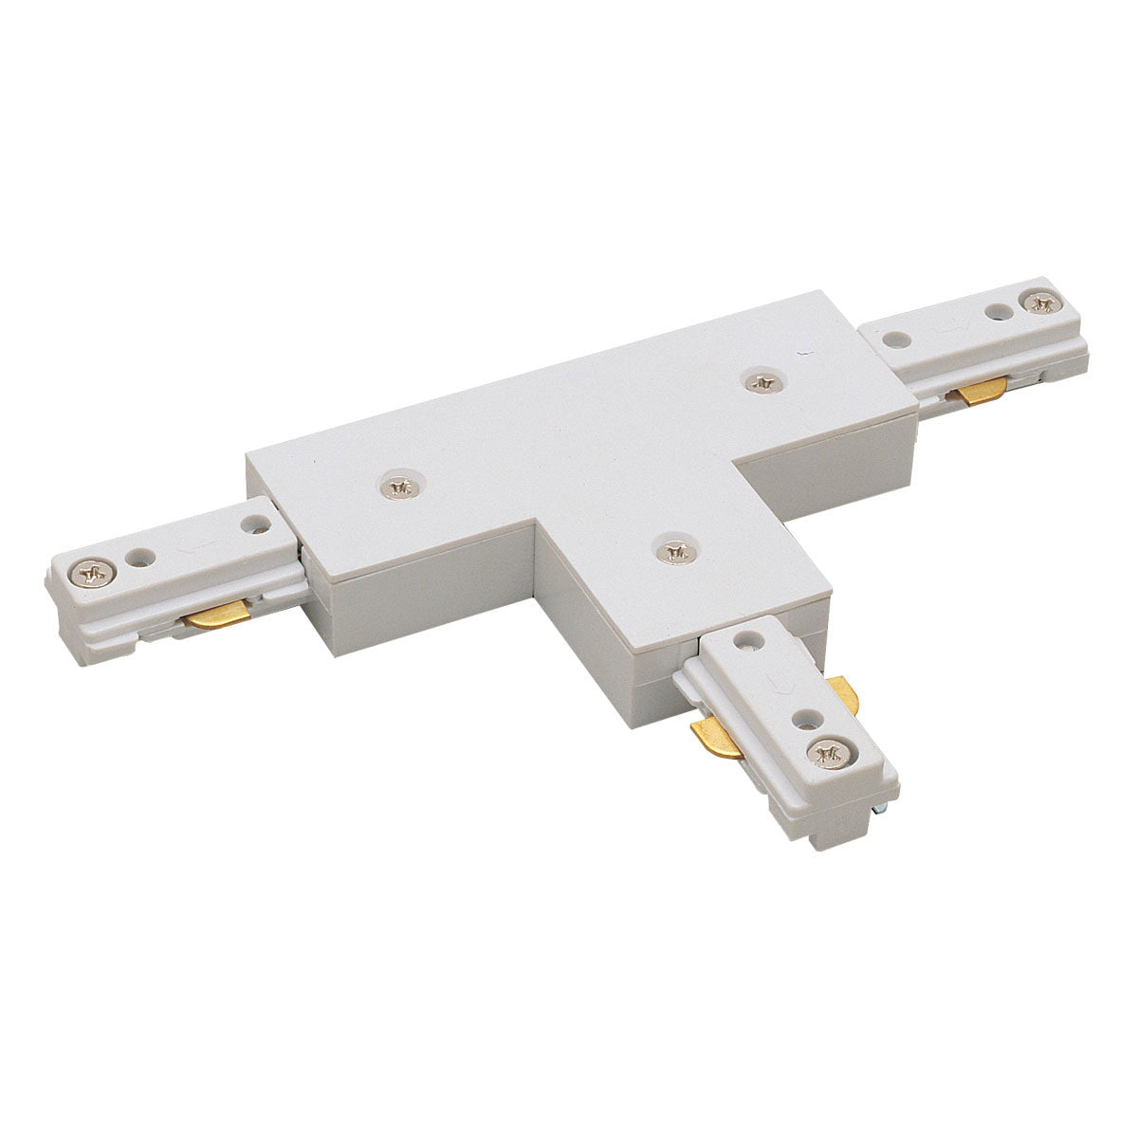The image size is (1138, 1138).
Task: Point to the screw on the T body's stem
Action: [x=673, y=549]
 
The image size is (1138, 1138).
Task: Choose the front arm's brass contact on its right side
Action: [x=842, y=695]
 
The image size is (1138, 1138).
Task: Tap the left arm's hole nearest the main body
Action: [x=254, y=521]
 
